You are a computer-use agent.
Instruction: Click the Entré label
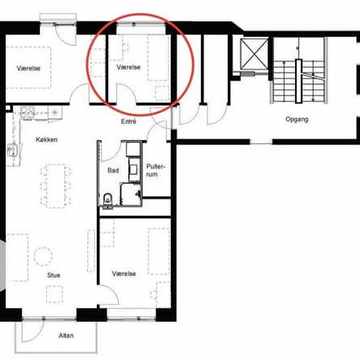click(x=128, y=121)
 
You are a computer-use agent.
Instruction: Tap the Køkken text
click(x=46, y=139)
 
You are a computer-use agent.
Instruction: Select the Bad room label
click(x=113, y=170)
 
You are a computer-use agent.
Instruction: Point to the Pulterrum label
click(x=155, y=170)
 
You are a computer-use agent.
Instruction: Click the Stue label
click(x=54, y=275)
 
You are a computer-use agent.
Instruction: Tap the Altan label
click(x=66, y=335)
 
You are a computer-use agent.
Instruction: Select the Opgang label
click(x=297, y=119)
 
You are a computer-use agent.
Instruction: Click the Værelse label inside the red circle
click(x=128, y=67)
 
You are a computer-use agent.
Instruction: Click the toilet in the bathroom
click(x=108, y=199)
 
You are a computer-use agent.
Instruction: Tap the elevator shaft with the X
click(x=254, y=54)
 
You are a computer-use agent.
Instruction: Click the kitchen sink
click(x=12, y=149)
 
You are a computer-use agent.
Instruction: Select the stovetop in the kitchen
click(x=27, y=112)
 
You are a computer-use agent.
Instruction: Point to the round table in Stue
click(x=43, y=256)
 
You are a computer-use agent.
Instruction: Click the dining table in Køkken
click(x=56, y=186)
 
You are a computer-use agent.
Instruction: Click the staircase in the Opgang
click(x=298, y=81)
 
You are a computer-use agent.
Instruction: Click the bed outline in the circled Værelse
click(x=158, y=58)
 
